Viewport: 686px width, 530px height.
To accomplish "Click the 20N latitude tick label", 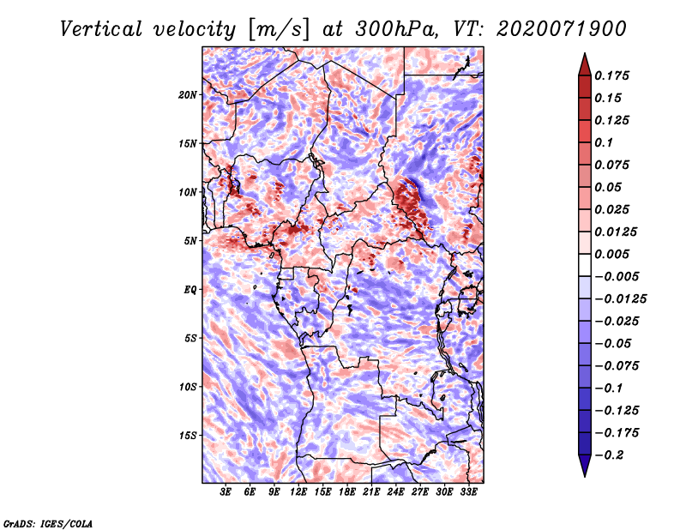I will (188, 94).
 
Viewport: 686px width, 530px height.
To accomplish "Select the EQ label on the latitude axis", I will (190, 289).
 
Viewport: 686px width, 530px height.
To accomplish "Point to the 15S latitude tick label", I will (188, 435).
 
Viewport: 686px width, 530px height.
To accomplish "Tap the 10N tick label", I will (188, 192).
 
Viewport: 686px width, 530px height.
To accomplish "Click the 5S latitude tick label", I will (190, 338).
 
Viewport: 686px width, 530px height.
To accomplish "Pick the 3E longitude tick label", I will (226, 492).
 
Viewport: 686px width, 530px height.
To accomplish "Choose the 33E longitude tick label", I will (468, 492).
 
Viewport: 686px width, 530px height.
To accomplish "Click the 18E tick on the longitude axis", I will (347, 492).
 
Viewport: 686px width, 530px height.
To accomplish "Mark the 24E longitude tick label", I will (395, 492).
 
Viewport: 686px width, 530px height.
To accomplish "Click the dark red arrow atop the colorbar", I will (583, 63).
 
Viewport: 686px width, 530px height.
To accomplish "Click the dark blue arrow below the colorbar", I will (583, 467).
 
